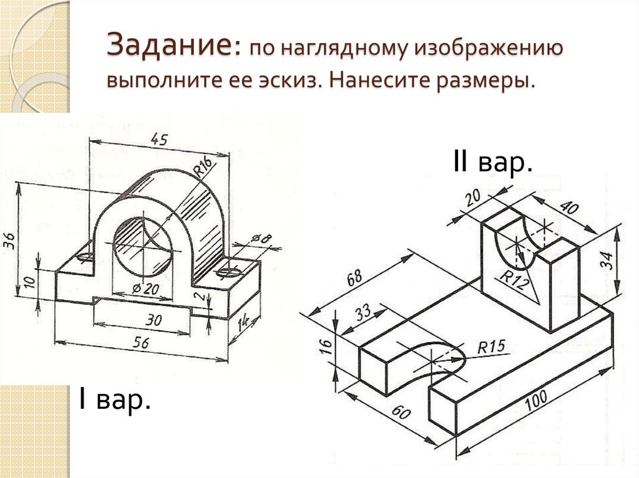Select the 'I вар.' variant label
click(x=114, y=399)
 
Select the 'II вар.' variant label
click(x=492, y=163)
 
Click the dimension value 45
click(x=159, y=140)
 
